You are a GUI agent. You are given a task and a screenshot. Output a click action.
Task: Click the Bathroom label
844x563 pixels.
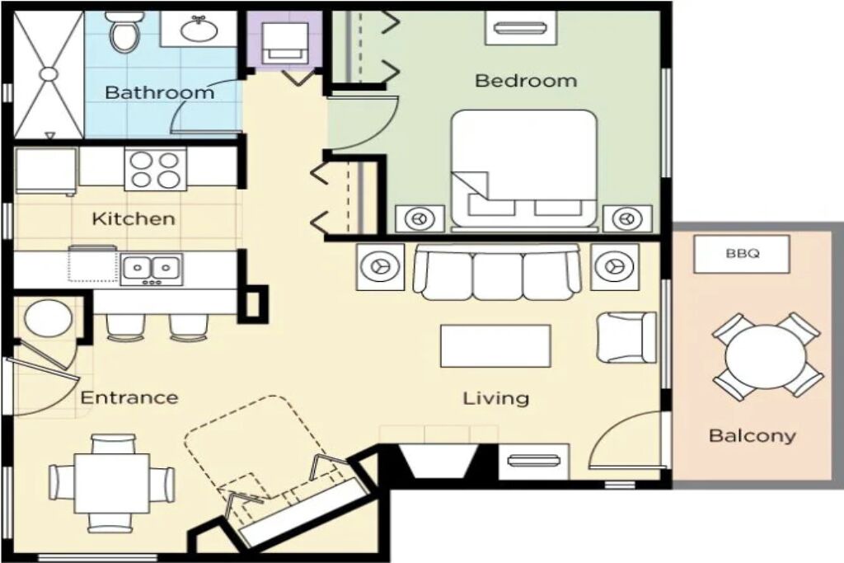pyautogui.click(x=159, y=92)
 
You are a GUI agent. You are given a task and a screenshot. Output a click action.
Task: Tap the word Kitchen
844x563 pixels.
pyautogui.click(x=134, y=219)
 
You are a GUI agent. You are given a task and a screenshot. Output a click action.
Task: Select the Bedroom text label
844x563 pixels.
pyautogui.click(x=526, y=81)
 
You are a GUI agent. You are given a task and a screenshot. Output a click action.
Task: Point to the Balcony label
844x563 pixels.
pyautogui.click(x=752, y=435)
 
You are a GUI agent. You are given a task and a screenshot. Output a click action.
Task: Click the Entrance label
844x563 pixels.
pyautogui.click(x=129, y=398)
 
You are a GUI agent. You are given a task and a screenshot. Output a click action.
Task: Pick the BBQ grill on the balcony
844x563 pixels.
pyautogui.click(x=742, y=254)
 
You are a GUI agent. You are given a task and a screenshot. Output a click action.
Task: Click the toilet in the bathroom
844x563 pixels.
pyautogui.click(x=124, y=31)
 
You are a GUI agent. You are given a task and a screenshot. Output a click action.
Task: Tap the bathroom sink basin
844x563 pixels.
pyautogui.click(x=199, y=29)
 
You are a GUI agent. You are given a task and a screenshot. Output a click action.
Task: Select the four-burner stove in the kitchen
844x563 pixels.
pyautogui.click(x=156, y=169)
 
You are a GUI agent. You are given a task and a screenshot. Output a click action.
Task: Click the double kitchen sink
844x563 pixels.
pyautogui.click(x=152, y=269)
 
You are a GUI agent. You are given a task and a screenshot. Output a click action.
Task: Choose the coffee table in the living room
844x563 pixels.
pyautogui.click(x=495, y=345)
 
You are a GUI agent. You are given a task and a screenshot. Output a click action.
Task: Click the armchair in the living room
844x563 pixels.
pyautogui.click(x=626, y=337)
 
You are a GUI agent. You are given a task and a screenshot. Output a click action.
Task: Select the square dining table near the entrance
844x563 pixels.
pyautogui.click(x=112, y=483)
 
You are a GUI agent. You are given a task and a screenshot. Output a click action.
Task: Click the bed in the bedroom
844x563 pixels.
pyautogui.click(x=524, y=169)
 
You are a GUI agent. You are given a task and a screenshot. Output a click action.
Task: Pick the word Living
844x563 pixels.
pyautogui.click(x=495, y=399)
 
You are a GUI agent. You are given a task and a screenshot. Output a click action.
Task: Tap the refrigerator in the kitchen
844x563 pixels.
pyautogui.click(x=46, y=171)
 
